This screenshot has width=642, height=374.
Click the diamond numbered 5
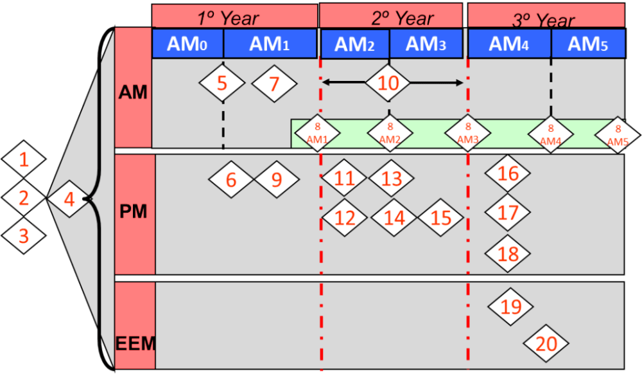pos(221,84)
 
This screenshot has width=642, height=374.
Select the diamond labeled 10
pos(389,83)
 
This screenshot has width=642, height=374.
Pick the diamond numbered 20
pos(546,344)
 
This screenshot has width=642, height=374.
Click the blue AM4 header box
pos(509,44)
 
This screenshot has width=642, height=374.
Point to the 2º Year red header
pos(390,16)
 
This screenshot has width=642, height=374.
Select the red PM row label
pos(135,213)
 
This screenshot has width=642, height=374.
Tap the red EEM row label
pos(135,326)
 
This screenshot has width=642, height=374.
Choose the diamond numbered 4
pos(69,200)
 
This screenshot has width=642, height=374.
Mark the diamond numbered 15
pos(441,218)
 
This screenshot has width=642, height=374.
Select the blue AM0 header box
pos(187,44)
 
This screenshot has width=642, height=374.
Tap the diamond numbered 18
pos(508,253)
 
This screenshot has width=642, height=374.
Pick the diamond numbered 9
pos(277,179)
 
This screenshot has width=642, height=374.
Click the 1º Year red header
pos(234,16)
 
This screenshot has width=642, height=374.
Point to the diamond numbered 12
pos(345,218)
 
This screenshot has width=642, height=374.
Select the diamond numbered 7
pos(274,84)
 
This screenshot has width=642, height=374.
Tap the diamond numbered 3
pos(24,236)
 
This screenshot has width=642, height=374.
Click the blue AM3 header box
pos(426,44)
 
